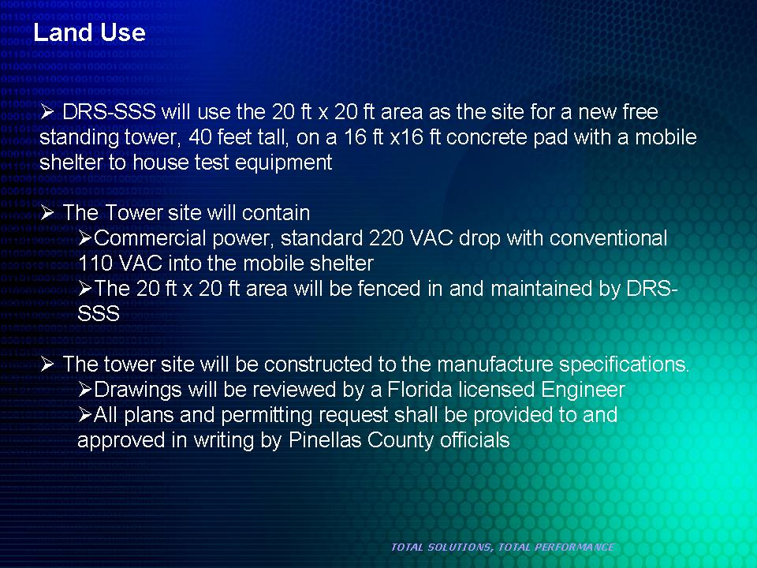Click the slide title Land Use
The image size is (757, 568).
click(89, 32)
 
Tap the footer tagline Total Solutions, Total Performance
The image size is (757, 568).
click(502, 547)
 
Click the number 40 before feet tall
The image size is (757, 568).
click(200, 137)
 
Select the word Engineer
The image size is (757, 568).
click(584, 390)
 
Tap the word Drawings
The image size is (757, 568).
click(137, 390)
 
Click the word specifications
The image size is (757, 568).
click(625, 364)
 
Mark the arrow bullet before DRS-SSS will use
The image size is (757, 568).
click(47, 112)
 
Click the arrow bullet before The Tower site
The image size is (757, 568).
click(47, 212)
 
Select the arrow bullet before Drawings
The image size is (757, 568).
click(85, 389)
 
